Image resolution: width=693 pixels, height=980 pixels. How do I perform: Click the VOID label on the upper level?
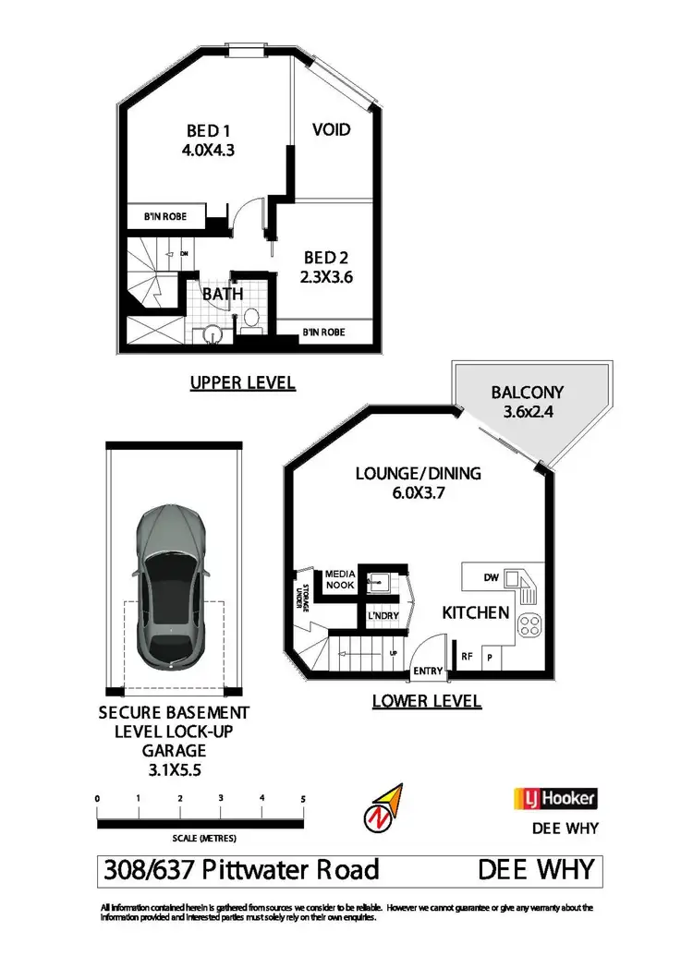(x=331, y=129)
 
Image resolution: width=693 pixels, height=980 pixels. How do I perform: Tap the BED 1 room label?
(x=209, y=131)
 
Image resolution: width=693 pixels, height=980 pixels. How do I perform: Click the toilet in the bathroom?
(x=249, y=321)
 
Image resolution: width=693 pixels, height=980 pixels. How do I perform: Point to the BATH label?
(x=224, y=294)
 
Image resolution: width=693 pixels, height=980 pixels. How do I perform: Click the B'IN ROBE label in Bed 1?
(x=164, y=216)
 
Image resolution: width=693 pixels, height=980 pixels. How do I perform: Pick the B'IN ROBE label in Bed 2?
(x=324, y=332)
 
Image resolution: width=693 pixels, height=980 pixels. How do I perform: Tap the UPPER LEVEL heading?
(x=242, y=382)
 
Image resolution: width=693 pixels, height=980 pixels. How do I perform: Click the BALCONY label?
(x=528, y=392)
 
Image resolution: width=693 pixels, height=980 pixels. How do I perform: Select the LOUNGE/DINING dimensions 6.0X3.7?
(x=419, y=493)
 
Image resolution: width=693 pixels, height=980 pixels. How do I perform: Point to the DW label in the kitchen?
(x=492, y=579)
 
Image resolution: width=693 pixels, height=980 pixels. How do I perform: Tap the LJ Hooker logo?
(x=554, y=798)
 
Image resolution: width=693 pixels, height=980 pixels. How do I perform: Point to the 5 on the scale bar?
(x=303, y=797)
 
